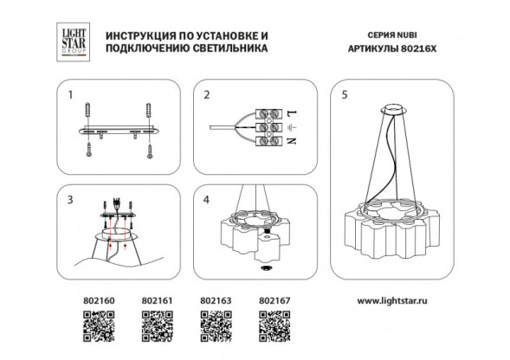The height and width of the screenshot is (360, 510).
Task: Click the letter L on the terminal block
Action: tap(292, 113)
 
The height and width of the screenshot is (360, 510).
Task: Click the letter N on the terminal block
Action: tap(292, 141)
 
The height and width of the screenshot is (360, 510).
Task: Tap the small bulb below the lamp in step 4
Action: tap(266, 269)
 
